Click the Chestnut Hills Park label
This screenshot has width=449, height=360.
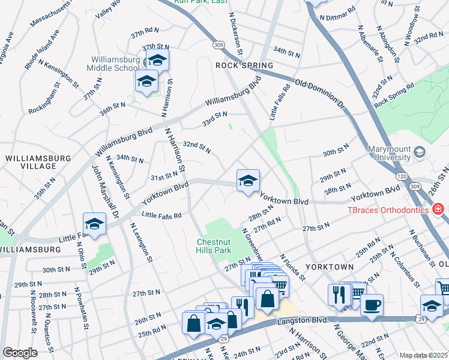(214, 245)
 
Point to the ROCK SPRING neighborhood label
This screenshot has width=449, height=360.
(244, 65)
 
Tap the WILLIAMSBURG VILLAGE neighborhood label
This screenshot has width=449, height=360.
(38, 161)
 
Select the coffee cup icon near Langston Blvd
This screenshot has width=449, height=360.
(372, 304)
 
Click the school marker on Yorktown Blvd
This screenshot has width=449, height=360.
(247, 180)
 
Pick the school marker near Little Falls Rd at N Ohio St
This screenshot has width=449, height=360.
(94, 223)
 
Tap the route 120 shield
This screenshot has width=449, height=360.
(400, 176)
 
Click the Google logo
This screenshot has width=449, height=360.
(20, 352)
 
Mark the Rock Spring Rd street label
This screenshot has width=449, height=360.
(394, 95)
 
